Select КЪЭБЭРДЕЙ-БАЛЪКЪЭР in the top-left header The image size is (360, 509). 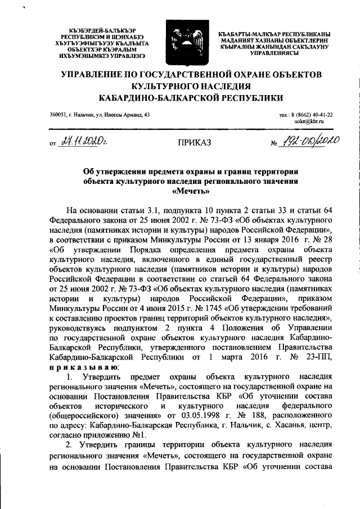click(x=91, y=29)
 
